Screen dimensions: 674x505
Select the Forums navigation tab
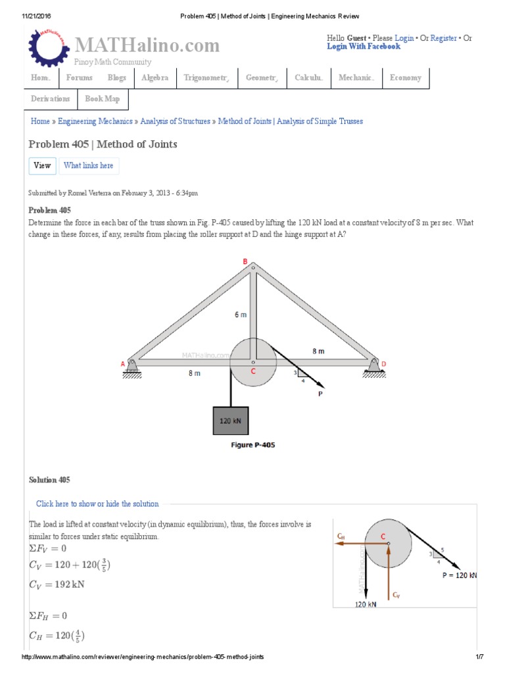point(79,78)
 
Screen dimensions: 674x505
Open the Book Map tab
point(103,99)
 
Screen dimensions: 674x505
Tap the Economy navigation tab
point(405,78)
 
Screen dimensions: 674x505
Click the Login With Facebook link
point(363,47)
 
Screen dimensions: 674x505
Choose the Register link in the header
point(443,38)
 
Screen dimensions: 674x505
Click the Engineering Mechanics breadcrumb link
point(94,121)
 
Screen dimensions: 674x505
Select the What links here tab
point(88,166)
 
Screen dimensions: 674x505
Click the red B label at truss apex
point(245,262)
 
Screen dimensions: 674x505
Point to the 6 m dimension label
point(241,315)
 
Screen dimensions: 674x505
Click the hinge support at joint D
point(375,366)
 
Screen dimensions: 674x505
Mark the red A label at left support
point(123,363)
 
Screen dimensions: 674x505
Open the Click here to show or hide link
point(97,504)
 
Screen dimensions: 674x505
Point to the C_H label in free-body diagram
point(341,536)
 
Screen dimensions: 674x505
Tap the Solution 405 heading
point(49,480)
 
